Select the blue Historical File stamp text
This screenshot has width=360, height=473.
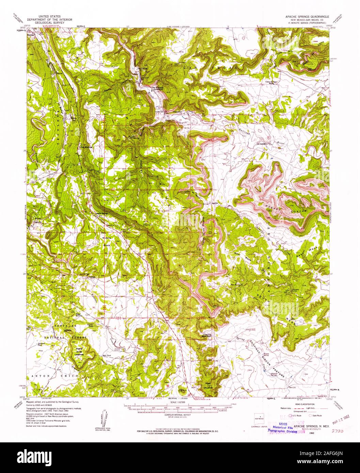click(x=282, y=427)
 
